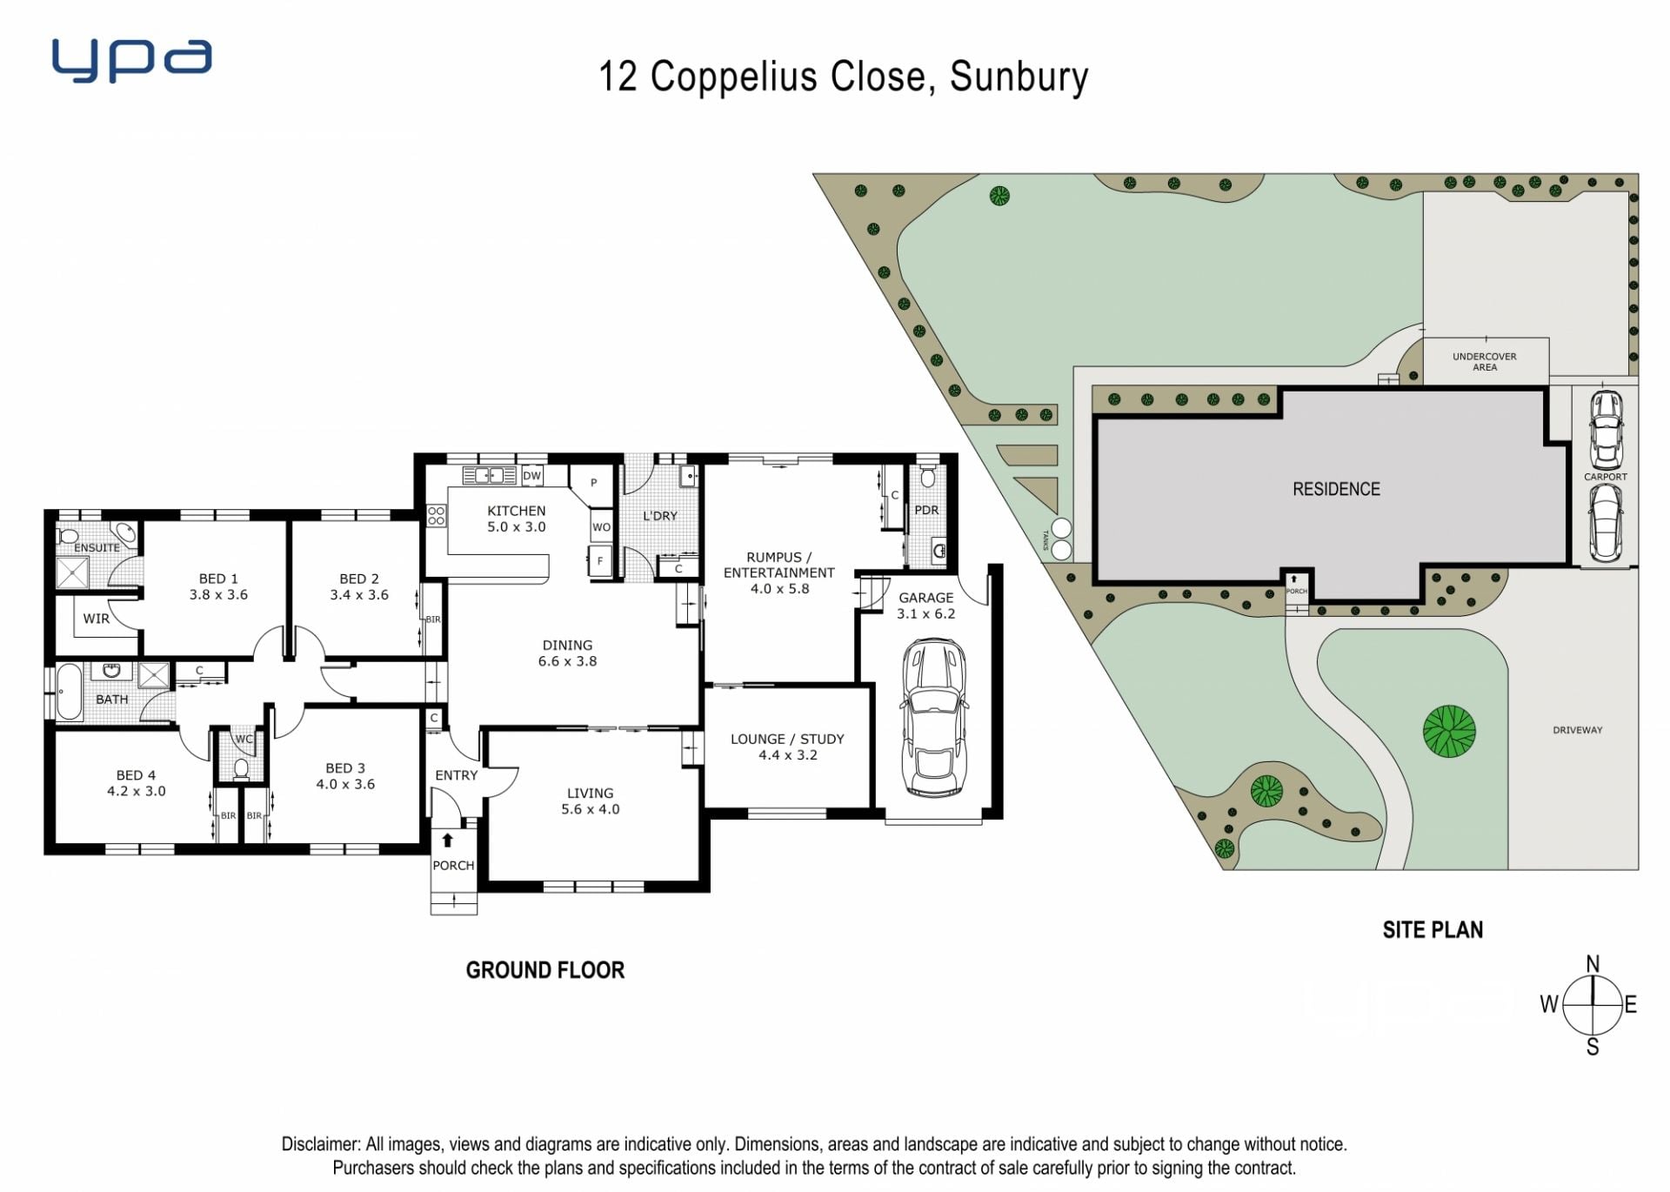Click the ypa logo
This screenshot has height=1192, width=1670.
click(131, 60)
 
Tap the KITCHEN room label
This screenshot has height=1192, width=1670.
click(517, 511)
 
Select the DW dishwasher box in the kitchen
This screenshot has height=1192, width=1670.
click(531, 476)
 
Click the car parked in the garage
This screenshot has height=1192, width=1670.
click(934, 718)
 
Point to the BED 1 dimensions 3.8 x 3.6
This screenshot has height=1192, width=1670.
click(218, 595)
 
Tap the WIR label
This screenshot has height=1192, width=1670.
click(97, 619)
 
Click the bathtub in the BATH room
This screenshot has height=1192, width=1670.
click(69, 693)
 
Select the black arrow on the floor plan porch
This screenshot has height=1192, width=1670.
click(447, 840)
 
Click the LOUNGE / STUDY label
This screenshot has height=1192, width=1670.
click(787, 739)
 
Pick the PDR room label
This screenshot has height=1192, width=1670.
click(926, 510)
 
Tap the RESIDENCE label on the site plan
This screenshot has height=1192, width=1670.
click(1336, 489)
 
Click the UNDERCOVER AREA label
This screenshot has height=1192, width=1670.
click(1485, 362)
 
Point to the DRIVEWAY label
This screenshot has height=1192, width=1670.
click(1578, 730)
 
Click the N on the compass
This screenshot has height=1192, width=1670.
click(1593, 963)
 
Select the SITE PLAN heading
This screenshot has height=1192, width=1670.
click(1433, 930)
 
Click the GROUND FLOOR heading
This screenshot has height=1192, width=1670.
click(545, 970)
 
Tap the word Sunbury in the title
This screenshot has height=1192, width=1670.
click(1019, 77)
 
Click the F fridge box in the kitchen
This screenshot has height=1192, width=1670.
click(599, 561)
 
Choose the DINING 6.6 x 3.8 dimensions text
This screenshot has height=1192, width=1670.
click(567, 661)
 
